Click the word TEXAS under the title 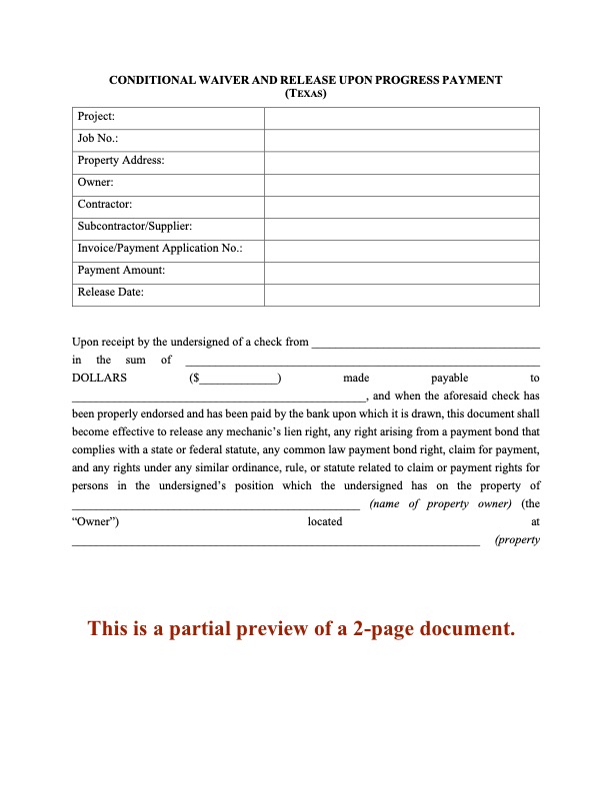[x=306, y=94]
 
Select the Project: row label [x=96, y=117]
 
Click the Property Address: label [x=121, y=161]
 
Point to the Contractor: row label [x=105, y=205]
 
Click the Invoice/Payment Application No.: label [x=160, y=249]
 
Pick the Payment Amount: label [x=121, y=271]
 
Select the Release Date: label [x=110, y=293]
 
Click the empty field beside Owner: [x=402, y=183]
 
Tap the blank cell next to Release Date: [x=402, y=293]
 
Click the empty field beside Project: [x=402, y=117]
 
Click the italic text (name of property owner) [x=441, y=504]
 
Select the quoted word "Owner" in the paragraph [x=97, y=522]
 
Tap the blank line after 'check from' [x=426, y=344]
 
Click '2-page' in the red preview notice [x=389, y=629]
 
